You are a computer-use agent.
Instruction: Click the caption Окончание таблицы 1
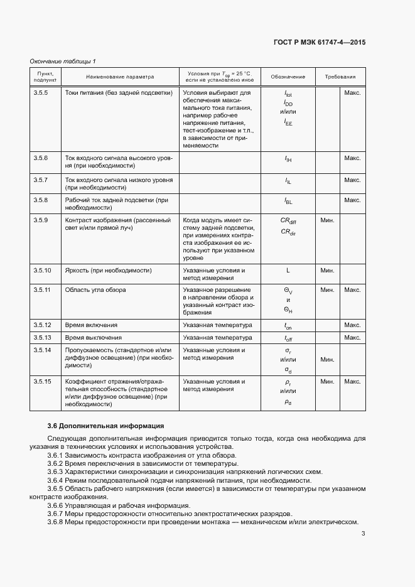tap(63, 61)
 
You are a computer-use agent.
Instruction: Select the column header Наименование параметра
tap(119, 77)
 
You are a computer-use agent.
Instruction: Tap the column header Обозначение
tap(288, 77)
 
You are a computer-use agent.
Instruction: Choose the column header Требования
tap(340, 77)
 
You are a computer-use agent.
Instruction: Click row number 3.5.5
tap(41, 92)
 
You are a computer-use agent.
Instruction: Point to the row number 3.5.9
tap(41, 220)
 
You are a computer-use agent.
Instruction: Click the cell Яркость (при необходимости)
tap(109, 270)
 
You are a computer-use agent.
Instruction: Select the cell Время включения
tap(91, 325)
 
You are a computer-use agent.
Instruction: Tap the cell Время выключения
tap(94, 338)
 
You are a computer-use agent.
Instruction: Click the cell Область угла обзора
tap(95, 290)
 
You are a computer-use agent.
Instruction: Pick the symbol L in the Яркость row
tap(288, 271)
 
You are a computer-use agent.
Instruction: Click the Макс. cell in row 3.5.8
tap(352, 200)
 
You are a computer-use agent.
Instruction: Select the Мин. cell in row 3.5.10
tap(327, 271)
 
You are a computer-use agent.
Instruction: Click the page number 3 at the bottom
tap(363, 534)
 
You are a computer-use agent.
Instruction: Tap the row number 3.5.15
tap(43, 381)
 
